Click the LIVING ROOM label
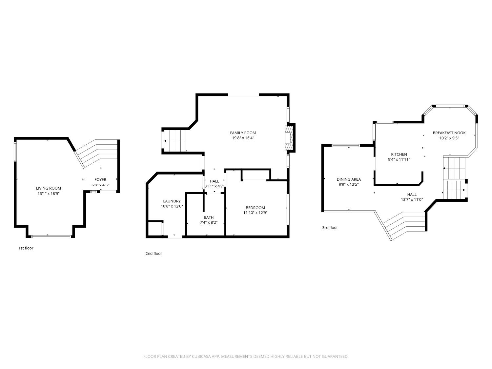coord(49,188)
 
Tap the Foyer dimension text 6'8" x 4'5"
coord(100,185)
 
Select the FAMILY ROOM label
coord(243,133)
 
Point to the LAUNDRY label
coord(172,201)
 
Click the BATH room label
coord(209,217)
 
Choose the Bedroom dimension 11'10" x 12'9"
coord(255,213)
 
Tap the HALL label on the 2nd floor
coord(215,181)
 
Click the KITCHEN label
coord(399,154)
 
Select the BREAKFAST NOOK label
coord(449,133)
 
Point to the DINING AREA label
coord(349,179)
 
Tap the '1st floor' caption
coord(26,248)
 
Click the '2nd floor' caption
coord(154,254)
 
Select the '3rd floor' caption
coord(330,228)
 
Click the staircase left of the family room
coord(175,141)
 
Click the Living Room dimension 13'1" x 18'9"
coord(49,194)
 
